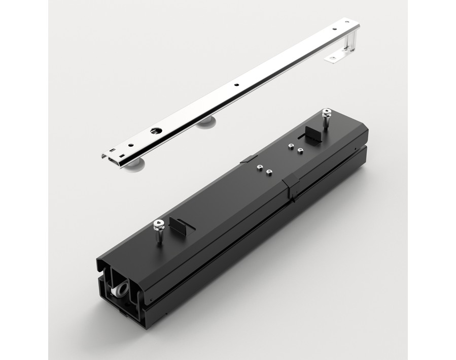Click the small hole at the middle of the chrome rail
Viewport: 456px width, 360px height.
coord(236,85)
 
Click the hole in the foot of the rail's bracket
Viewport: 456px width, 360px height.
coord(332,58)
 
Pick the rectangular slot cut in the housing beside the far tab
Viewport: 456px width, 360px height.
coord(303,139)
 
